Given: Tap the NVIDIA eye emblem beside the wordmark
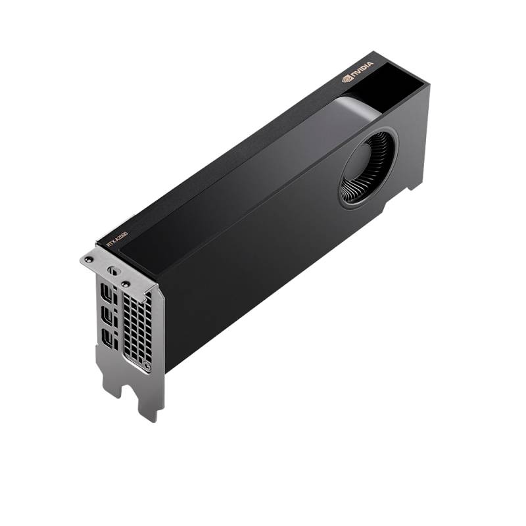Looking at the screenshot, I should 347,78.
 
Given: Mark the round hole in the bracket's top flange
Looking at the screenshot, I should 112,270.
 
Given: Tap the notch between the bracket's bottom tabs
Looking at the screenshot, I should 128,388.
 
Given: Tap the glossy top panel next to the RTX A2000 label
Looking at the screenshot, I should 217,197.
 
